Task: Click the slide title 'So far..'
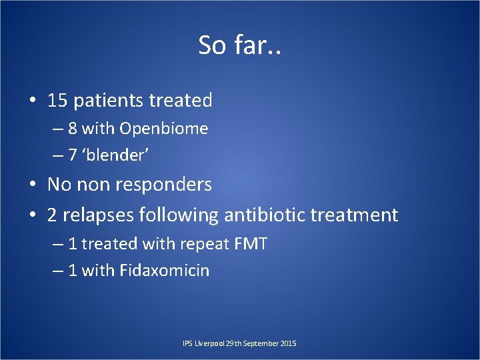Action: click(240, 45)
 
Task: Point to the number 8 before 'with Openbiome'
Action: click(73, 128)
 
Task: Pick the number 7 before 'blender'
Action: click(73, 155)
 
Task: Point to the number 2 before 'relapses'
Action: click(53, 215)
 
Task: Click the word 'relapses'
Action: click(97, 215)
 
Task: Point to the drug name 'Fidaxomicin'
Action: click(164, 271)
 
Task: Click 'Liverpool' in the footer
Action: click(208, 343)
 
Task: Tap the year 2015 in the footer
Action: click(289, 343)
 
